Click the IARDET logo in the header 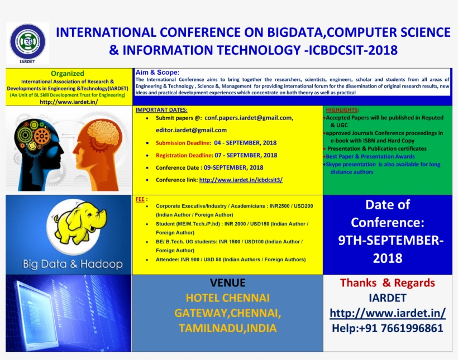(x=28, y=43)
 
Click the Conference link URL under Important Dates (x=241, y=180)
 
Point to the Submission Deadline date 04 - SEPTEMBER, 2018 (x=245, y=143)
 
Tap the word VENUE (x=227, y=282)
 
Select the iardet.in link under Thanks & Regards (x=387, y=313)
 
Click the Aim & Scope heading (x=157, y=73)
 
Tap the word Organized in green (x=68, y=73)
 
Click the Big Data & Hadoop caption (x=73, y=263)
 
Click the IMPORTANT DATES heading (x=161, y=110)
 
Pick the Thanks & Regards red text (x=387, y=283)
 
